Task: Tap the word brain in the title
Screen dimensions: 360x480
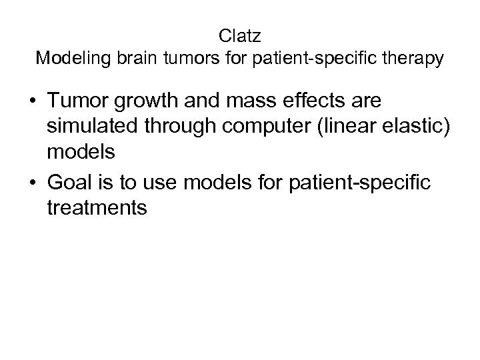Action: (x=129, y=59)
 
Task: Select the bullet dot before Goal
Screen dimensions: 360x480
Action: (x=33, y=181)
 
